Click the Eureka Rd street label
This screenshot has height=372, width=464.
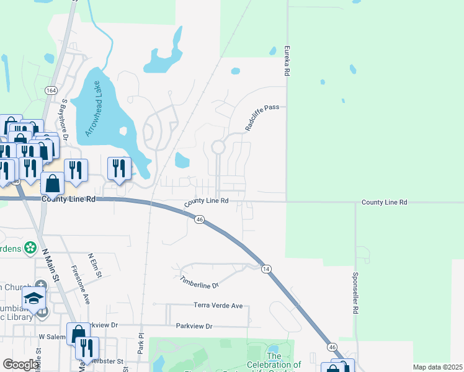pos(287,61)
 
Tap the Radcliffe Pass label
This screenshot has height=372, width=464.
pos(262,116)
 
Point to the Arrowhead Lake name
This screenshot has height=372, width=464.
pos(94,108)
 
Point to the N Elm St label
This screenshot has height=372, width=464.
pos(95,265)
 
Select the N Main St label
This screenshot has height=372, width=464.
pos(51,265)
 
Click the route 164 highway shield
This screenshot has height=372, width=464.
pos(51,91)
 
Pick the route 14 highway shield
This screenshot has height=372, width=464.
pos(265,268)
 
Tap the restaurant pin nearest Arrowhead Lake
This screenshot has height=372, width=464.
pos(118,167)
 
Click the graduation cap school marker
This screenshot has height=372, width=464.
pos(34,298)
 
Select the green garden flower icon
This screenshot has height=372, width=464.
pos(30,249)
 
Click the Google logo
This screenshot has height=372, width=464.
pos(20,365)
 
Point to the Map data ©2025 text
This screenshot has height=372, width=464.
pos(437,367)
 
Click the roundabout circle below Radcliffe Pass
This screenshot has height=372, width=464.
pos(218,147)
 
